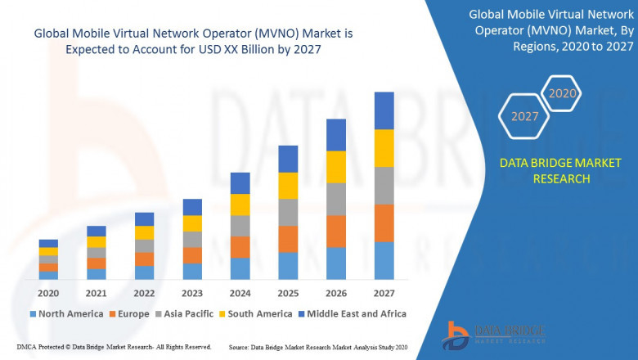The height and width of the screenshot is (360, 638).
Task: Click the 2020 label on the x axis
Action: (48, 293)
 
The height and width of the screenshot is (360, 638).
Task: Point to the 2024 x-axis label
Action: (240, 293)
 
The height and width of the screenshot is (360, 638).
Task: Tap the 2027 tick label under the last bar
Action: (384, 293)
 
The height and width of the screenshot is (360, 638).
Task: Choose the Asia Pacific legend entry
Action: (185, 313)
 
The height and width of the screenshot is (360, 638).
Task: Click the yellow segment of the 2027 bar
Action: (384, 148)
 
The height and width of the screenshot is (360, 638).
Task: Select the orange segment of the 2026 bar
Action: (335, 231)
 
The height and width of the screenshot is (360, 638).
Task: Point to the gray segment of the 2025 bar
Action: (288, 212)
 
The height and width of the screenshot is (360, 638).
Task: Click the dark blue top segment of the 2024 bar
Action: (240, 182)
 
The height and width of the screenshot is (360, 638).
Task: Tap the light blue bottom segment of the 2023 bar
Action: (192, 271)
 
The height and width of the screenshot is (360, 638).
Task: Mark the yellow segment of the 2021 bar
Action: (97, 241)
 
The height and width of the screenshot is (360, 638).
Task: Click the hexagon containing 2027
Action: (525, 116)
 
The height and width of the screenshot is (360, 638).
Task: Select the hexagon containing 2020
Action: (562, 93)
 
